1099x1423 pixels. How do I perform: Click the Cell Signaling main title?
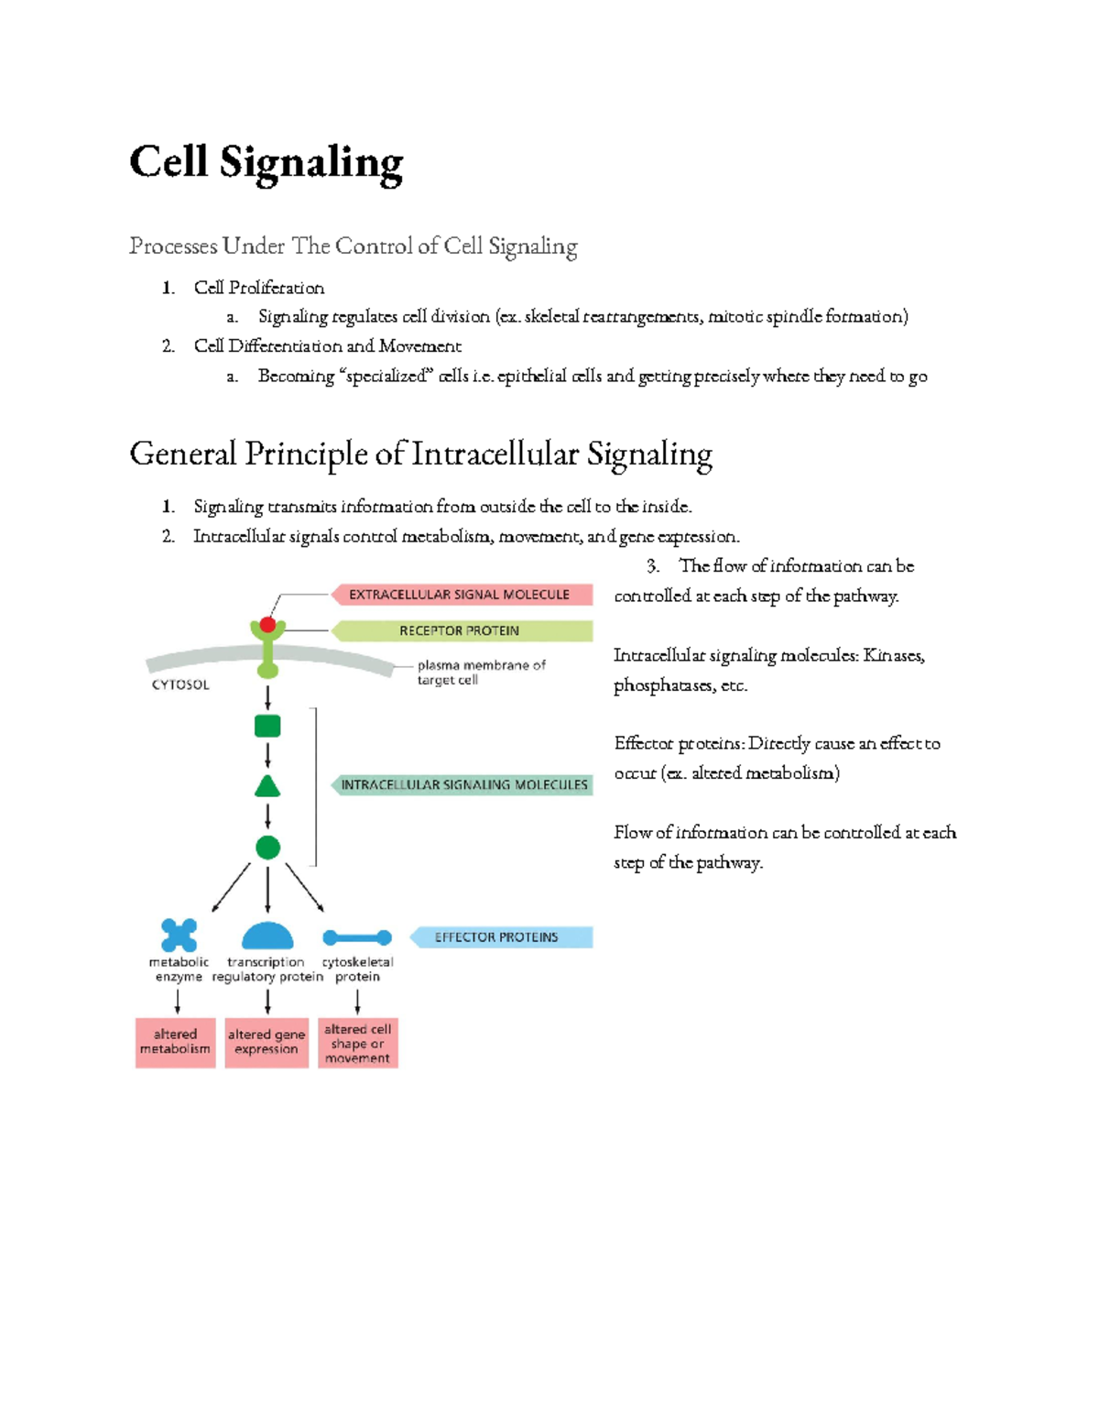pos(266,162)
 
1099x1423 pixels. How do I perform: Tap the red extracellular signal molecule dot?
pos(267,625)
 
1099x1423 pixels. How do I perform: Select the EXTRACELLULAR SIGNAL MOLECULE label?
pos(460,595)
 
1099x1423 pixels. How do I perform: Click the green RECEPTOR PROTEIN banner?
pos(460,631)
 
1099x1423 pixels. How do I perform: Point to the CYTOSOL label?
pos(180,684)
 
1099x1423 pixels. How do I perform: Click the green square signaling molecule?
pos(267,727)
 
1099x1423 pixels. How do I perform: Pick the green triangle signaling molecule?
pos(267,786)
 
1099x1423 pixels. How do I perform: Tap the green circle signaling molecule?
pos(267,848)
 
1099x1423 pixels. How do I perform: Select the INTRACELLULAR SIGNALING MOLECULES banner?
pos(463,785)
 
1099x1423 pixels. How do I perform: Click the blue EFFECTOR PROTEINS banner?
pos(499,937)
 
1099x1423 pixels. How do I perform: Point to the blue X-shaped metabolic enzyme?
pos(179,936)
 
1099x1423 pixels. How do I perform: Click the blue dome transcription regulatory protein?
pos(267,936)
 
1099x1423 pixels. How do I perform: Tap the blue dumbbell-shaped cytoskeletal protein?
pos(357,937)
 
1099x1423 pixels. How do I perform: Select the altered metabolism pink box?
pos(175,1043)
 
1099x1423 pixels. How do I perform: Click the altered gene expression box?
pos(267,1043)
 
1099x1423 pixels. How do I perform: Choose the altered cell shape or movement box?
pos(357,1043)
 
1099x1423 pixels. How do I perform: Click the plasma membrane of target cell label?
pos(481,673)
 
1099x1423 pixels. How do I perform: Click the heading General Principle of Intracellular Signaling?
pos(420,454)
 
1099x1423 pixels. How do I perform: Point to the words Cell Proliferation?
pos(259,288)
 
